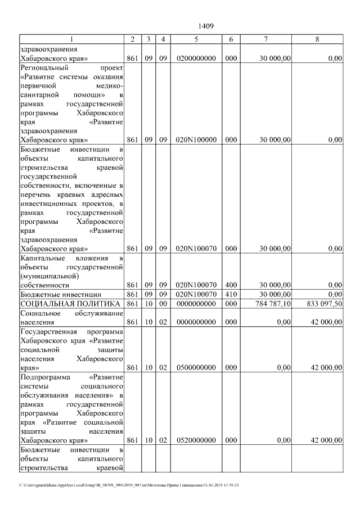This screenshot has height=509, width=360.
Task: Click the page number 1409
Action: coord(206,26)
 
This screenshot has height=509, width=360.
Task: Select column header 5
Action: coord(196,39)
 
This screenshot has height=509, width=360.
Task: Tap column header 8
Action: coord(317,39)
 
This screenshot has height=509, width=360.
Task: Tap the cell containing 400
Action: coord(231,285)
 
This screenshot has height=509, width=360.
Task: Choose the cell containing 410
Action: coord(231,294)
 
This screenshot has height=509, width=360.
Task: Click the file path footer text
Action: coord(129,485)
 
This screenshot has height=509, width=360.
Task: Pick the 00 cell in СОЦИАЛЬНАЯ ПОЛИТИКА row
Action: coord(163,304)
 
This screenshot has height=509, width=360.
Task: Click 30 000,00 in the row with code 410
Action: coord(276,294)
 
